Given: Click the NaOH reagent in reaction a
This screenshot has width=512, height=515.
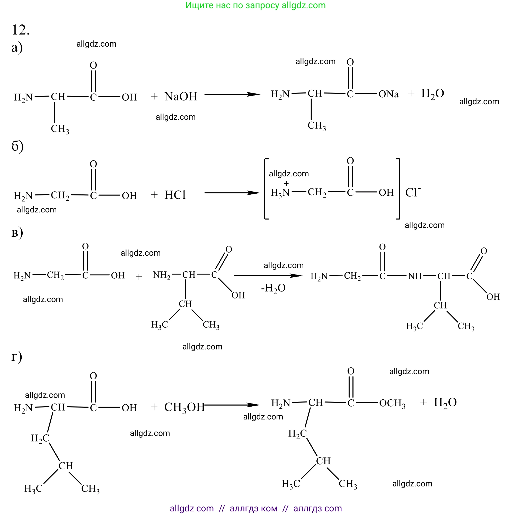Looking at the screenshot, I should [181, 97].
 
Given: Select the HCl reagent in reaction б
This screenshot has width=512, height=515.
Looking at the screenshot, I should [175, 195].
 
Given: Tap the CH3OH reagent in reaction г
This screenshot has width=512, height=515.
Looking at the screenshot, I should [184, 407].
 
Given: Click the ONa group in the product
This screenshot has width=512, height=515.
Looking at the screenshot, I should [388, 94].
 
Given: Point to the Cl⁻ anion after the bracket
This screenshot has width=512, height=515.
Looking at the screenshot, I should [412, 192].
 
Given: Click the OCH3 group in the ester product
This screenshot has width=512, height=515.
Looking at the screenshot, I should [392, 403].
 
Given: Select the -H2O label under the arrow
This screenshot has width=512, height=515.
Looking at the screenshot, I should [273, 288].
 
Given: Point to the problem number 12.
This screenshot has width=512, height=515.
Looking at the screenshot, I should [21, 30].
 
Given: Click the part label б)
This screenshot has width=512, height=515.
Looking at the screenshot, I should [17, 146].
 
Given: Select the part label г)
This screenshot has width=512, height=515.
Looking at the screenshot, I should [16, 357].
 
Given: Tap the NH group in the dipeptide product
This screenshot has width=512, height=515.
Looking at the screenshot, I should [414, 276].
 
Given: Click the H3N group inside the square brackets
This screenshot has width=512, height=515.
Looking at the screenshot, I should [280, 193].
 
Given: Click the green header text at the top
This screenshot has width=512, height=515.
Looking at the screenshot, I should [255, 5].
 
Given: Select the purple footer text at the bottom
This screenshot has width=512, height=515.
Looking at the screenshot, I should [256, 508].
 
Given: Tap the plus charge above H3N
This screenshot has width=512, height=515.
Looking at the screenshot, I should [286, 183].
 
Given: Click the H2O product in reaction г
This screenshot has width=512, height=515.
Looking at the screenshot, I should [445, 402].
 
